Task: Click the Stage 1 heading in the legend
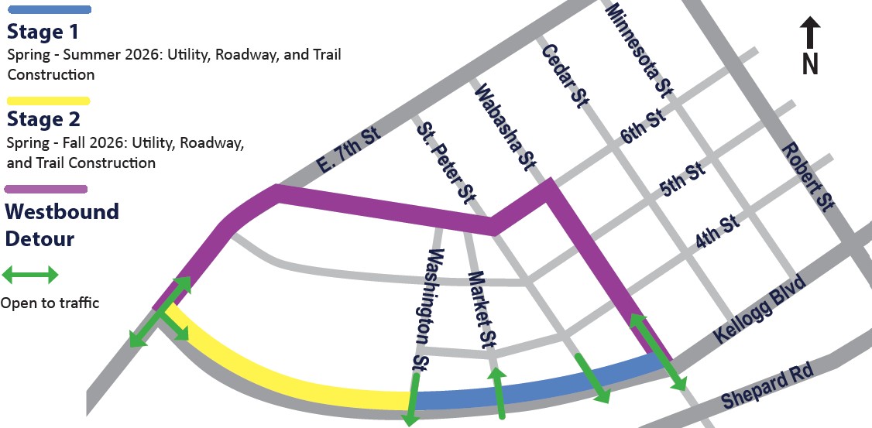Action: pos(43,33)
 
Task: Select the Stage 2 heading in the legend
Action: pos(43,120)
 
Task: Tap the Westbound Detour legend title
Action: pos(62,224)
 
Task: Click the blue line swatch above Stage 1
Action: pos(48,10)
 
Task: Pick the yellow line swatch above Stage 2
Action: pos(48,100)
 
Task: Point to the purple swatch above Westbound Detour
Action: pos(46,189)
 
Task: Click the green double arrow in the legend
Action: pos(31,274)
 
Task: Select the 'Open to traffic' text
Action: pos(50,303)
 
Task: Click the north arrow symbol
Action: pos(810,46)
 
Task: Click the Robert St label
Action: pos(805,176)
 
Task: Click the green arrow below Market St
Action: pos(500,393)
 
